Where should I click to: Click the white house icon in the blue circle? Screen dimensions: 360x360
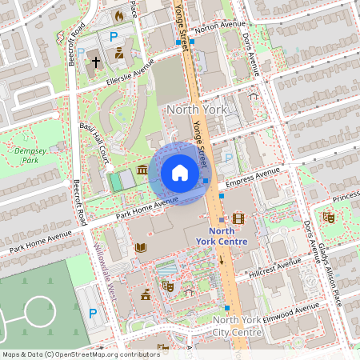[x=179, y=173]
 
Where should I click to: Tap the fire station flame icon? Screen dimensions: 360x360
[x=119, y=15]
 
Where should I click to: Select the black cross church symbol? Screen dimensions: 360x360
[x=94, y=61]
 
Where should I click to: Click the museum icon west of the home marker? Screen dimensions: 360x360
[x=142, y=170]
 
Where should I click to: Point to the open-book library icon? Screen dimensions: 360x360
[x=141, y=248]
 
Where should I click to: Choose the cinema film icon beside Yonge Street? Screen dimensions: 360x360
[x=238, y=218]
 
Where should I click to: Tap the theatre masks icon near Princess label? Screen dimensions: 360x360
[x=328, y=217]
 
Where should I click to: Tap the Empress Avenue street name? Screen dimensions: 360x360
[x=253, y=178]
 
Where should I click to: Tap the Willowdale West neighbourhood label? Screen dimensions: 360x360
[x=106, y=272]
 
